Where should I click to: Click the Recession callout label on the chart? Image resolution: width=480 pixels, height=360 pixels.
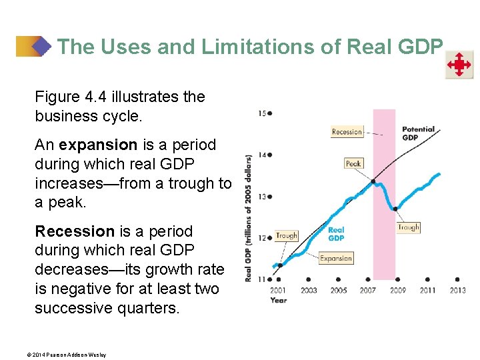(x=347, y=132)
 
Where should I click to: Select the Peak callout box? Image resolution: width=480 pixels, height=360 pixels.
(x=354, y=163)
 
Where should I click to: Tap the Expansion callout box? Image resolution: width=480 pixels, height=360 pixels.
(x=336, y=258)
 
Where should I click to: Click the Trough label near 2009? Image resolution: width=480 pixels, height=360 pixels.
(x=409, y=227)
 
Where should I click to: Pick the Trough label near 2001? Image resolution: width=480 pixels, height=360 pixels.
(x=287, y=235)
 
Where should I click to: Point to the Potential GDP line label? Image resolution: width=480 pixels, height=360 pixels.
(x=418, y=133)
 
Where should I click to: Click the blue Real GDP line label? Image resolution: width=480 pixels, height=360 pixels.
(x=336, y=234)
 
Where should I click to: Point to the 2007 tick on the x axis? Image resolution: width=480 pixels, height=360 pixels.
(x=367, y=290)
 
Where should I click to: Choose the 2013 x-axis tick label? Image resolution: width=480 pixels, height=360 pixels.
(x=457, y=290)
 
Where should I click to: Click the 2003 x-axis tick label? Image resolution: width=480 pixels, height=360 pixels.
(x=308, y=290)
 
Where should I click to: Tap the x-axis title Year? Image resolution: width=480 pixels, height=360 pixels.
(x=279, y=300)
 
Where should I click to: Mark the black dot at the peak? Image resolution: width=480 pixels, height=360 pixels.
(x=373, y=181)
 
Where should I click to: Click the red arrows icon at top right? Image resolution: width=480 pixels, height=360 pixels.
(x=459, y=65)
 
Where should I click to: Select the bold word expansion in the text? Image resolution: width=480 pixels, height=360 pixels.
(x=97, y=145)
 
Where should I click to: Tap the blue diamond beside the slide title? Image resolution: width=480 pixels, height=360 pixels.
(x=41, y=47)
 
